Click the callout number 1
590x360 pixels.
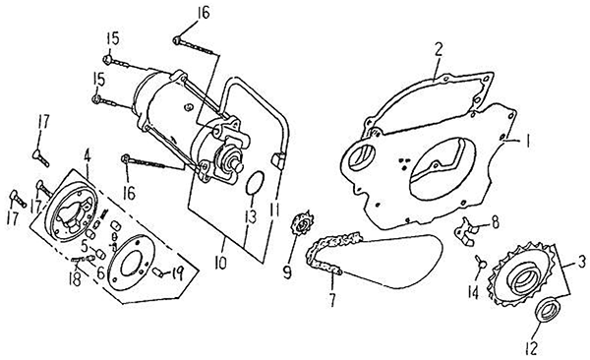[527, 142]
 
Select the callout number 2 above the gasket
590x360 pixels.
[439, 49]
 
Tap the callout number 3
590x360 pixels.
[581, 261]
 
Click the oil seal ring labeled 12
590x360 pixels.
[548, 309]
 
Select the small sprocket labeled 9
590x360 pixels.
[302, 223]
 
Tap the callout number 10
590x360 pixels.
[220, 262]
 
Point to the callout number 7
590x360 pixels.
[332, 300]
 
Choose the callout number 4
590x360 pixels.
[88, 155]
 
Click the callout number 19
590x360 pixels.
[176, 274]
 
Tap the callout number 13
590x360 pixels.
[250, 216]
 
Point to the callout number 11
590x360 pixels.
[274, 209]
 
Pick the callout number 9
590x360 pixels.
[287, 272]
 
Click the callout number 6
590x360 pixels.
[101, 272]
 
